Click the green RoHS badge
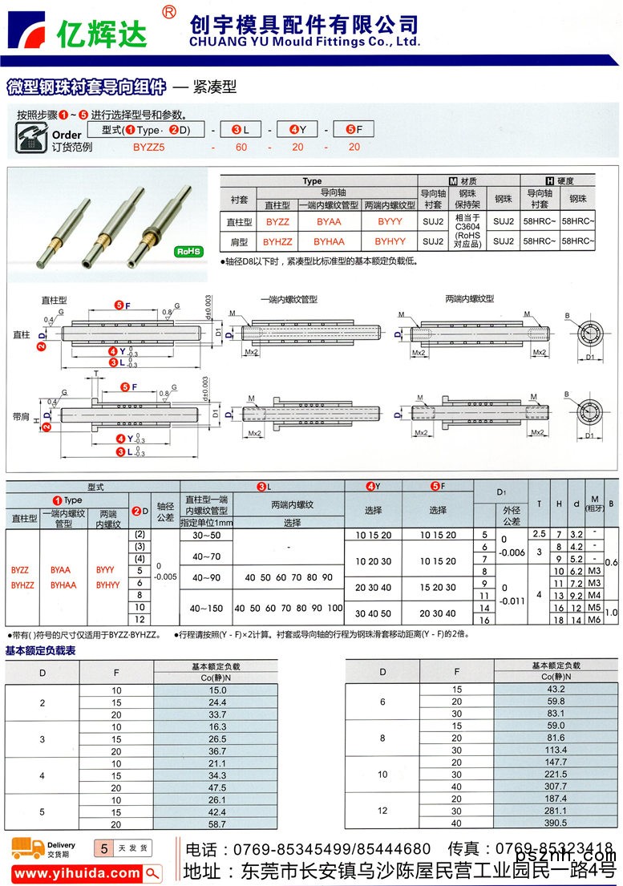point(189,252)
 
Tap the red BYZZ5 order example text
point(148,147)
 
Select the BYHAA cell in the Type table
point(329,240)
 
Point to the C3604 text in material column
point(467,225)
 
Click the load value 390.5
point(556,823)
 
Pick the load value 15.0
point(217,690)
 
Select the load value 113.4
point(556,750)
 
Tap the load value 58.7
point(217,823)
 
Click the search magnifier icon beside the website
point(152,873)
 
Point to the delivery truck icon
point(27,848)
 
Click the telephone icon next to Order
point(31,136)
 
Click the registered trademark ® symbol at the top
point(168,11)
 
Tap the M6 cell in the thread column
point(594,620)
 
